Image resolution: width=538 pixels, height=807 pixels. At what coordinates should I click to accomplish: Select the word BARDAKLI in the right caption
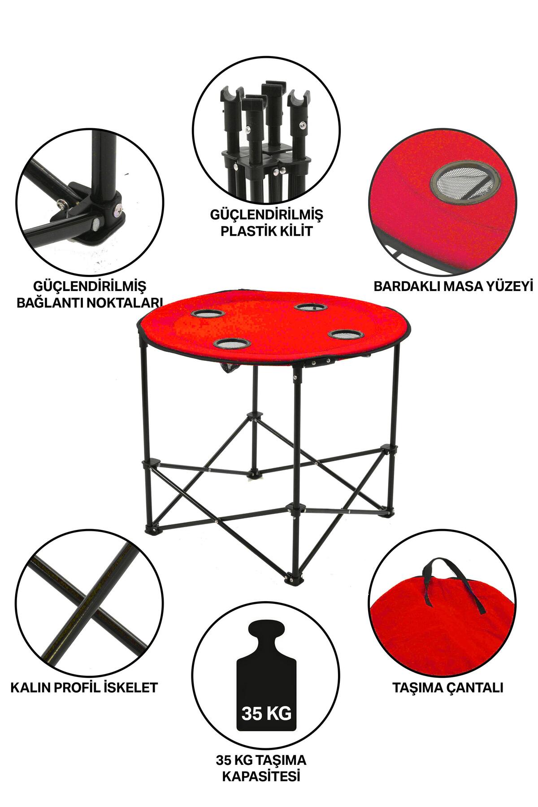[x=407, y=286]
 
